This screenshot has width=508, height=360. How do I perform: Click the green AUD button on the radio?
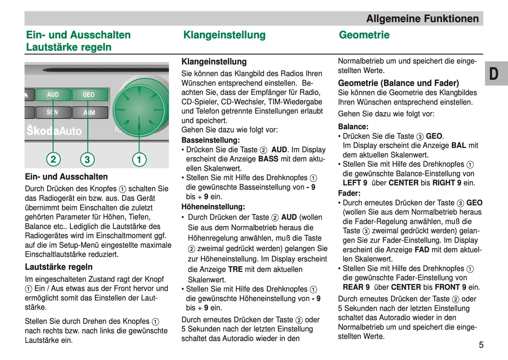tap(53, 94)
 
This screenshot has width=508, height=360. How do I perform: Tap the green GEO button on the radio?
tap(89, 94)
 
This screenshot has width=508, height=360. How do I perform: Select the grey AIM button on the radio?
tap(89, 113)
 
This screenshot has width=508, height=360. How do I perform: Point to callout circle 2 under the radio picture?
tap(53, 159)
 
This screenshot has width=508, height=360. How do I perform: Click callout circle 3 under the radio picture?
tap(87, 159)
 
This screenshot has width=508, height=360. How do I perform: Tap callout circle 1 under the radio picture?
tap(139, 159)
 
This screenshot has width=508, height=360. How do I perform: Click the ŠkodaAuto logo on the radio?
tap(54, 131)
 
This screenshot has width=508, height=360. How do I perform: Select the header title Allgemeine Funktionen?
tap(422, 19)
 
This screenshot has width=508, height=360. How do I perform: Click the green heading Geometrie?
tap(364, 35)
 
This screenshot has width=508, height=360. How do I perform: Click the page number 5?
tap(481, 345)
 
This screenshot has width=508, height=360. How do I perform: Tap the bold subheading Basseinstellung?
tap(211, 140)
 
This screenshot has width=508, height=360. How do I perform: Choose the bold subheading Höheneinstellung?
tap(213, 207)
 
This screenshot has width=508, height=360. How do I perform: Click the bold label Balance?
tap(353, 126)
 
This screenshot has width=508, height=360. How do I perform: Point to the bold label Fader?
tap(349, 193)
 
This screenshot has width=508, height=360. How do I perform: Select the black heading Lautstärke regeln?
tap(59, 267)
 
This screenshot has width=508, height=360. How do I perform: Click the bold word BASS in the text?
tap(268, 159)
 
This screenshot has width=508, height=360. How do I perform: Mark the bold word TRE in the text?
tap(235, 269)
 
